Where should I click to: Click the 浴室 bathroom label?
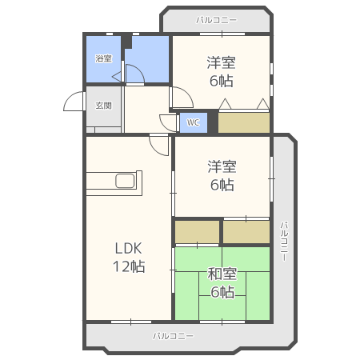103,58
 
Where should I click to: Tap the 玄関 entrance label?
103,106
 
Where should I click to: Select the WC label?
193,123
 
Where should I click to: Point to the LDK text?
127,248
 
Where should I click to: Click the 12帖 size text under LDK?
128,266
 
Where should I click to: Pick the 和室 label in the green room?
222,274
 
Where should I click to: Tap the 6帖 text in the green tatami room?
222,292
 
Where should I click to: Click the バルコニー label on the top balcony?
216,19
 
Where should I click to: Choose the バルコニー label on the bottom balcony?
174,336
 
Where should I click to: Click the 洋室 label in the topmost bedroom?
222,62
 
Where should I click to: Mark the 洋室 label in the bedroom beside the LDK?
222,166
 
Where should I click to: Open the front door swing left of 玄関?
74,102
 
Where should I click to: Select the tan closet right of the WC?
244,122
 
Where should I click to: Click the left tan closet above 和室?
197,231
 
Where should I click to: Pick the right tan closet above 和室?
246,231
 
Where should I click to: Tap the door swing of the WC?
169,122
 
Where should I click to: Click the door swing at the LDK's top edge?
158,145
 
